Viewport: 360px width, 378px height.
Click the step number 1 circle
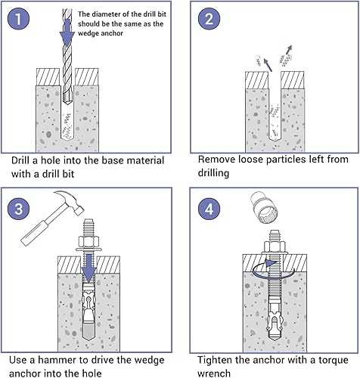coord(18,19)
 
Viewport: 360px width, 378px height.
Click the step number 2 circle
coord(209,19)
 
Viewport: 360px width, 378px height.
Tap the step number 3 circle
coord(18,209)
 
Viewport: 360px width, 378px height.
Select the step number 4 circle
coord(209,209)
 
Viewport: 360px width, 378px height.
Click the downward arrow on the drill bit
coord(67,33)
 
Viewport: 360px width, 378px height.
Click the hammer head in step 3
coord(70,201)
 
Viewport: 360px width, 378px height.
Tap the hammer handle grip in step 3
coord(34,233)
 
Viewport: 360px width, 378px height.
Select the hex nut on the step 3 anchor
coord(88,242)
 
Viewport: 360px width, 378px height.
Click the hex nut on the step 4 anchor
coord(275,246)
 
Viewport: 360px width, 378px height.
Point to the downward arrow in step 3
coord(88,268)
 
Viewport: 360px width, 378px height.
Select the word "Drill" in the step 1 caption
coord(20,160)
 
